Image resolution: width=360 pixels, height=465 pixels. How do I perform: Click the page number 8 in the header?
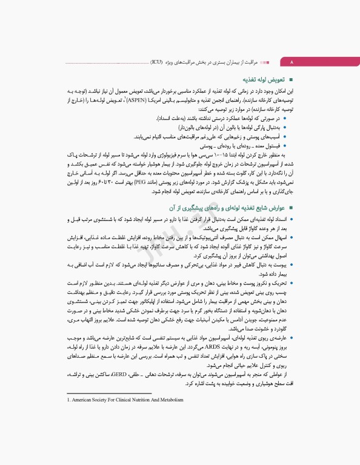click(x=292, y=62)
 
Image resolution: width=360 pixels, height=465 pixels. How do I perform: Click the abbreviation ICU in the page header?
click(x=156, y=62)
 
